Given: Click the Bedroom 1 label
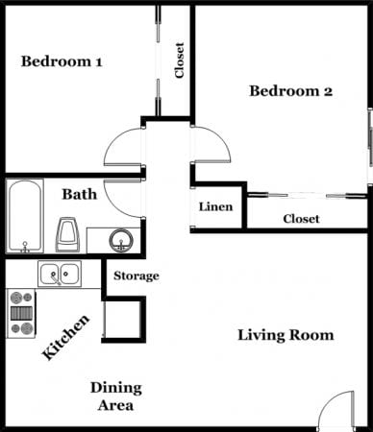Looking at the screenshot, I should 62,62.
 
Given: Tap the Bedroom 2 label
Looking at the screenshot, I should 290,92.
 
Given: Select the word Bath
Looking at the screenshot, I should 79,195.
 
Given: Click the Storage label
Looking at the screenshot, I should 137,276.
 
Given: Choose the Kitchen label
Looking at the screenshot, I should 67,337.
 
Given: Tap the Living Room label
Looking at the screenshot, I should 286,335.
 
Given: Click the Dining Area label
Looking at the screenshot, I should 116,396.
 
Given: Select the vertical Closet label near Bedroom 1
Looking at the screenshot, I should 179,60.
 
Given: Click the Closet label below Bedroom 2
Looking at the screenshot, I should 301,219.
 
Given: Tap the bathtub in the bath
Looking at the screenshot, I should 24,216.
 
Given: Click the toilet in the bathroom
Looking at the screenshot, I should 67,232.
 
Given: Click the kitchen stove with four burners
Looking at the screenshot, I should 21,313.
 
